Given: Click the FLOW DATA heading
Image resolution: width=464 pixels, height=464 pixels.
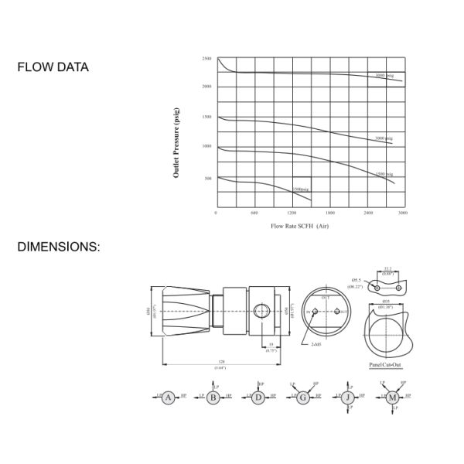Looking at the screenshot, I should [53, 67].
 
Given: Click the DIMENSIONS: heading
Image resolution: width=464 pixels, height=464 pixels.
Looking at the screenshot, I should [59, 247].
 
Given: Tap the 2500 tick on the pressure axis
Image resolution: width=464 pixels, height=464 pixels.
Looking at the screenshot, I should [206, 59].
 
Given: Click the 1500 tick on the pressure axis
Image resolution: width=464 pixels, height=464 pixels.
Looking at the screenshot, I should [206, 117].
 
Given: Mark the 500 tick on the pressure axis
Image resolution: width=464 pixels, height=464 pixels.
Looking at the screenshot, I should [207, 178].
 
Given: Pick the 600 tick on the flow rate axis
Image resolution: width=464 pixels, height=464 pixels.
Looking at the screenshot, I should [254, 213].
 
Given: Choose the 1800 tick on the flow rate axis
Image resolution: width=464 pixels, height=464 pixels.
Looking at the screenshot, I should [330, 213].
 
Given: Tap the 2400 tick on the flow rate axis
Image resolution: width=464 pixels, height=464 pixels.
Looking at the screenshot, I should [368, 213].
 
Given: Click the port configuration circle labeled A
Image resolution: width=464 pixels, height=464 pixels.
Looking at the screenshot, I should [169, 396].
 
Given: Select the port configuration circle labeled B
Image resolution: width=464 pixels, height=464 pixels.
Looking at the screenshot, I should [213, 396].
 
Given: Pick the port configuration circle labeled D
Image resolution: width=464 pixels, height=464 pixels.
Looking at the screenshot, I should [258, 396].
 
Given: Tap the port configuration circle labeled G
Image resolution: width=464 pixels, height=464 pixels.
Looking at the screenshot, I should [302, 396].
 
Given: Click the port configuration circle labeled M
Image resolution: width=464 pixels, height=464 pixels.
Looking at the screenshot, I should [392, 396].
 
